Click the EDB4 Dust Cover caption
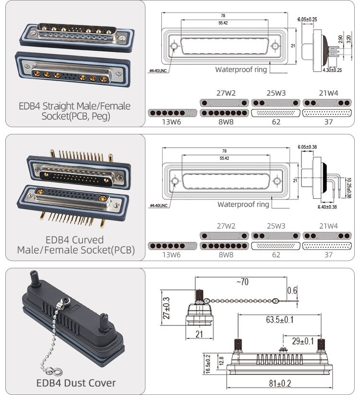(76, 383)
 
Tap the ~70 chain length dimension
(242, 282)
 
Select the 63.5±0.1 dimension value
(280, 320)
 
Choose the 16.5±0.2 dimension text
(208, 364)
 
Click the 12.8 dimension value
(221, 360)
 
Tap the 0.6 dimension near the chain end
(292, 290)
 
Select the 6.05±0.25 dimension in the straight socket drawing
(307, 19)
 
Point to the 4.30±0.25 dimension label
(332, 71)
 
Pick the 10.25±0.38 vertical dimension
(348, 185)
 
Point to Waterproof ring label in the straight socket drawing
(240, 69)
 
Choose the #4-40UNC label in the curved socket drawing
(158, 206)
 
